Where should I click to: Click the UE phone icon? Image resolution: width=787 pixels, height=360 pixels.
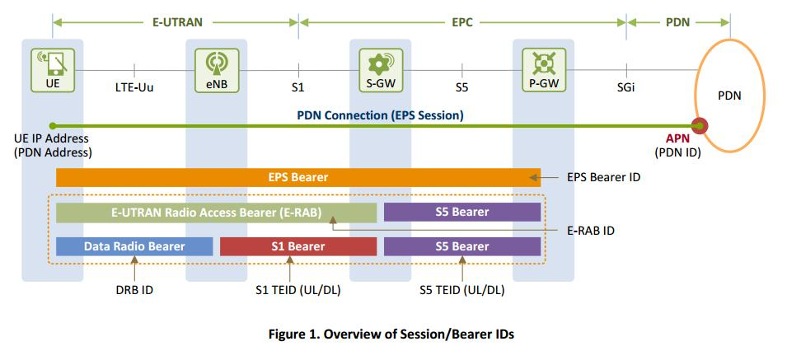(x=53, y=63)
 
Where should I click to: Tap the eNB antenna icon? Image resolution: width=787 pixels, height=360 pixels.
(x=216, y=63)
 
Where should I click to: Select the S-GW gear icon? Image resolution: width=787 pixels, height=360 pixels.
(x=380, y=63)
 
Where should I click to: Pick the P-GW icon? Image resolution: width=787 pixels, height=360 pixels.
(x=544, y=63)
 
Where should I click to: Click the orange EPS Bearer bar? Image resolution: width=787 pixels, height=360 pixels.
(x=297, y=177)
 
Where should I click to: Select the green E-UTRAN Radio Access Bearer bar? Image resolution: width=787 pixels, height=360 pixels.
(x=216, y=213)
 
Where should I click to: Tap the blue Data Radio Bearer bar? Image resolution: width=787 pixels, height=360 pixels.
(x=134, y=246)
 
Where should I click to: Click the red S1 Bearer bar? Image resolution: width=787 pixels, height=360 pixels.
(x=297, y=246)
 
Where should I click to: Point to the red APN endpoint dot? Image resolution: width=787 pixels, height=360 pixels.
(x=700, y=126)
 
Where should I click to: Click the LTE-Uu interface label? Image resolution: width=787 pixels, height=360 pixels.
(x=134, y=88)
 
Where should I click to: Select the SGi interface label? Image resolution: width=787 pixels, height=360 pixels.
(x=625, y=88)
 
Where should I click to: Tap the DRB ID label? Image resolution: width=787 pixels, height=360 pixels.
(x=134, y=290)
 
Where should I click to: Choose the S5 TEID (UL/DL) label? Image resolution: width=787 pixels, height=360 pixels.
(x=461, y=290)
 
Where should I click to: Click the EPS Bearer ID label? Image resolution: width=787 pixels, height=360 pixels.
(x=604, y=177)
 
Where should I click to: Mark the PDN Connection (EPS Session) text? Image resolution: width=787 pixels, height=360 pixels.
(x=380, y=115)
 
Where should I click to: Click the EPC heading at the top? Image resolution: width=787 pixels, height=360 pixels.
(x=462, y=22)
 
